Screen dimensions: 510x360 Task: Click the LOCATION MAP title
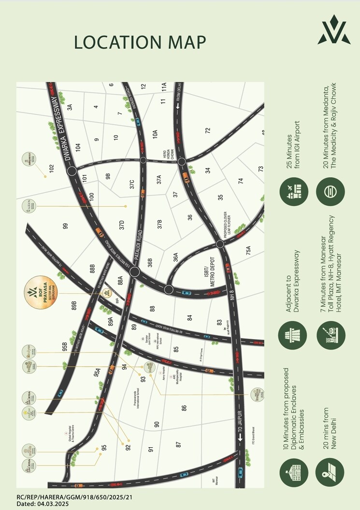click(x=140, y=42)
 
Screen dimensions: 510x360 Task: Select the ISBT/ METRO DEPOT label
click(x=198, y=276)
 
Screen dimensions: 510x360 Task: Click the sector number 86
click(x=184, y=408)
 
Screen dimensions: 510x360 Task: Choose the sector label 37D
click(x=122, y=225)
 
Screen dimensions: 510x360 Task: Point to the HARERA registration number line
click(x=74, y=496)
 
